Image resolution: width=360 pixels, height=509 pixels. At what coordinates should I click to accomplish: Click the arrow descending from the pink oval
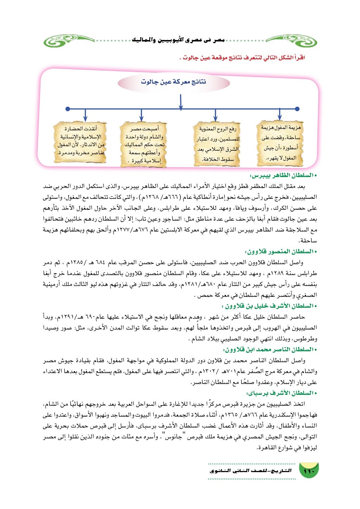point(180,102)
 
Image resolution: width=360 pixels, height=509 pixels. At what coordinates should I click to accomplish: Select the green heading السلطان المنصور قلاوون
point(281,252)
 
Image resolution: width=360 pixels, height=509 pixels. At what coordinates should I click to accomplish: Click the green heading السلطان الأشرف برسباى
point(281,393)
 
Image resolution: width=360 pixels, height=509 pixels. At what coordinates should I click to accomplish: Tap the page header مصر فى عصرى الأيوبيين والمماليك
point(178,40)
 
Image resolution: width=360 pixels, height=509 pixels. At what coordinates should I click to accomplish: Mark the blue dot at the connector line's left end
point(67,109)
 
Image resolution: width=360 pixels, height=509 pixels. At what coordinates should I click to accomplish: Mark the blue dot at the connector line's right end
point(297,109)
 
